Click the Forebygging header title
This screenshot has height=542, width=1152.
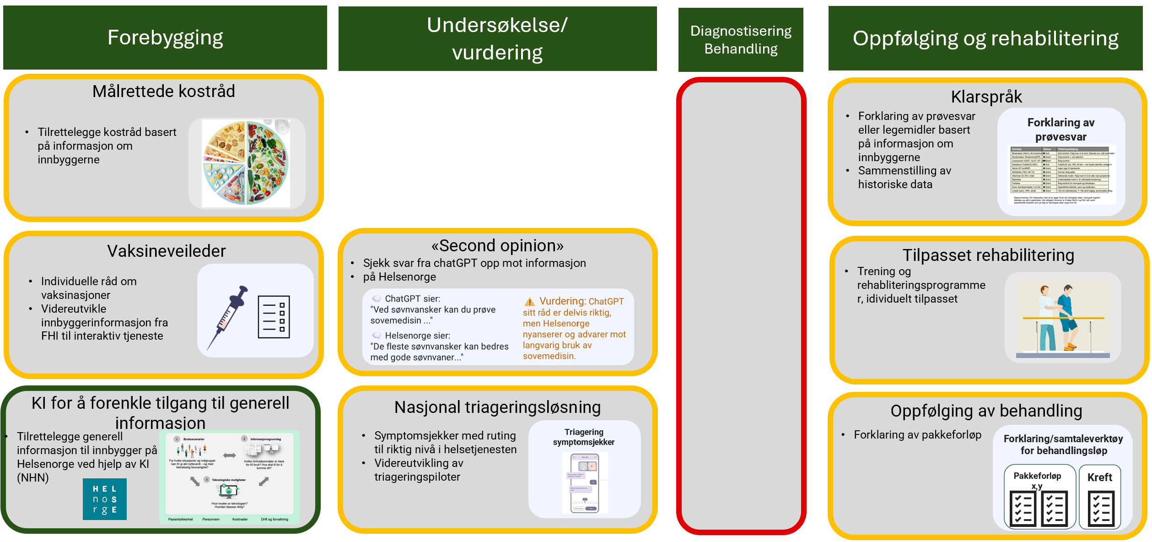click(x=165, y=38)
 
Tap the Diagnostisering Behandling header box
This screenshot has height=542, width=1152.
click(x=740, y=40)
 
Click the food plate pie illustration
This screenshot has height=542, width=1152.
click(x=246, y=163)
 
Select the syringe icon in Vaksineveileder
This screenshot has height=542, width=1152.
click(x=227, y=317)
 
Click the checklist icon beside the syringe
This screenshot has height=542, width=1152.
click(x=274, y=317)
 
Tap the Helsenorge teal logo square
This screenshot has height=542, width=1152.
click(x=104, y=499)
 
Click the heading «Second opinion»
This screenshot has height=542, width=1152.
click(x=497, y=246)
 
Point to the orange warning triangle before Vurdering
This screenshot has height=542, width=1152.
click(x=529, y=302)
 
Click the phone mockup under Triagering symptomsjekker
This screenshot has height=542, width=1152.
click(x=585, y=483)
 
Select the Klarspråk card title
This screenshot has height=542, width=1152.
click(x=986, y=97)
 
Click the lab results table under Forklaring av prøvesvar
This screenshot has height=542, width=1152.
click(x=1060, y=175)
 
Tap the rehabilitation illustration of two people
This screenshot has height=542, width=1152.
click(x=1062, y=318)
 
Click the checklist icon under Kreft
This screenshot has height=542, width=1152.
click(x=1100, y=508)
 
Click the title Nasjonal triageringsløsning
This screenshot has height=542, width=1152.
click(x=497, y=407)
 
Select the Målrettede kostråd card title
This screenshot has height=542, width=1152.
click(x=163, y=91)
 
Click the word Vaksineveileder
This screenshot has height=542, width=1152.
click(x=166, y=251)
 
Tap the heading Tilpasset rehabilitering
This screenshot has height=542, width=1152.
click(x=988, y=255)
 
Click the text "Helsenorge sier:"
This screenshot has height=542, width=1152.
click(x=417, y=336)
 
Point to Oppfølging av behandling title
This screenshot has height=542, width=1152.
click(x=986, y=411)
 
